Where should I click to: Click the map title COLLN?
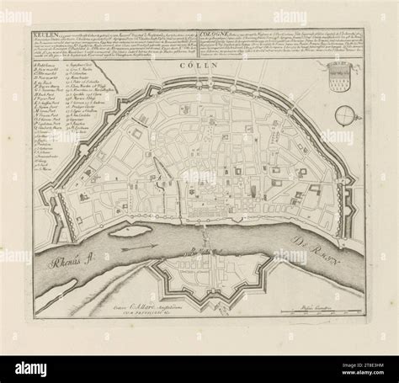[x=200, y=65]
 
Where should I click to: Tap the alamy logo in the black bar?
[x=32, y=367]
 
